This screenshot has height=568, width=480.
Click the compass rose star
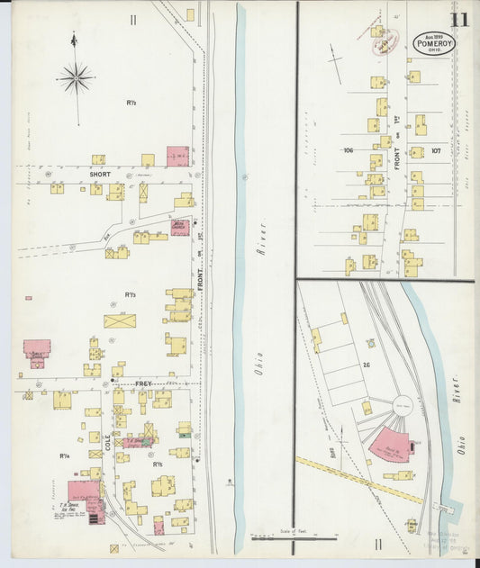76,79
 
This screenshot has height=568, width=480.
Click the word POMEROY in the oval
435,42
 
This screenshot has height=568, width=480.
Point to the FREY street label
142,384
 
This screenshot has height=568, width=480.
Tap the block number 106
348,150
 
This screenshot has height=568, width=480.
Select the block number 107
437,150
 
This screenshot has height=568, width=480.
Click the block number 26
367,365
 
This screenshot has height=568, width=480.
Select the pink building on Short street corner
177,156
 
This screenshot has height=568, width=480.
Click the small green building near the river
184,429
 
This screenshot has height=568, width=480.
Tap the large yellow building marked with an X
120,320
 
